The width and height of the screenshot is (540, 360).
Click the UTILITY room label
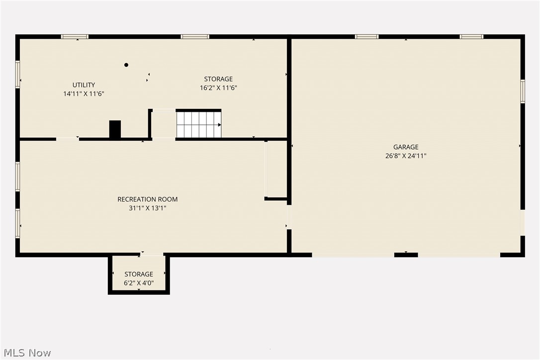click(x=84, y=85)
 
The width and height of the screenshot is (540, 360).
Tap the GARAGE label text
click(x=406, y=147)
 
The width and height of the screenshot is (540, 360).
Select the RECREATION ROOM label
click(x=147, y=199)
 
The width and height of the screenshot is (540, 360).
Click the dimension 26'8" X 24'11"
click(x=406, y=156)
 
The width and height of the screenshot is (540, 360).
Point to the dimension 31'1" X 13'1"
click(x=147, y=208)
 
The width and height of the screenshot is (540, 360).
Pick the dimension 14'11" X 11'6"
click(x=84, y=93)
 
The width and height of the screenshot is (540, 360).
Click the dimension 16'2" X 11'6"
click(x=218, y=88)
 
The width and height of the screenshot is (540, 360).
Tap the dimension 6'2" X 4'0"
click(x=139, y=283)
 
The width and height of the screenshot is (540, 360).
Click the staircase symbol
click(x=198, y=124)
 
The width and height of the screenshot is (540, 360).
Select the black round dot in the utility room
click(x=126, y=65)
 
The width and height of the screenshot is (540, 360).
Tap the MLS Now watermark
click(x=26, y=353)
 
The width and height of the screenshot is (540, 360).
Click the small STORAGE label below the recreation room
click(x=139, y=274)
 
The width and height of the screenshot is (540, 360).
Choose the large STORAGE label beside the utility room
click(x=218, y=79)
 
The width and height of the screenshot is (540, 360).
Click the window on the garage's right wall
click(x=523, y=91)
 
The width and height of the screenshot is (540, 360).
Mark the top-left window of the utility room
click(x=75, y=36)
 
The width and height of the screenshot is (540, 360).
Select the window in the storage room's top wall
click(x=195, y=36)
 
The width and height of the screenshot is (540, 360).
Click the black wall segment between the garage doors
click(x=406, y=255)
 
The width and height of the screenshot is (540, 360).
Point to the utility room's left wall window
click(x=17, y=75)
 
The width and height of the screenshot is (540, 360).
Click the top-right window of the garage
click(x=471, y=36)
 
